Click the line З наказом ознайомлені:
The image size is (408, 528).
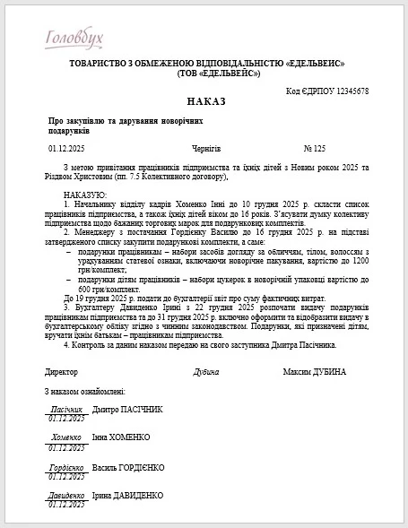point(85,391)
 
